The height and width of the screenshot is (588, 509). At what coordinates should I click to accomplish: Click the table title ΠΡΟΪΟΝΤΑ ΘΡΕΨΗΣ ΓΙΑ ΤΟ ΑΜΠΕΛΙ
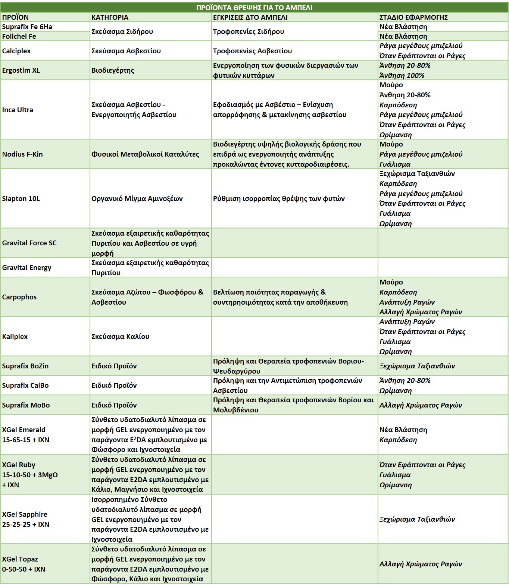(x=254, y=7)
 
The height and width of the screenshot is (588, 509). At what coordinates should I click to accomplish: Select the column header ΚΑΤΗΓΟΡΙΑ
(x=110, y=17)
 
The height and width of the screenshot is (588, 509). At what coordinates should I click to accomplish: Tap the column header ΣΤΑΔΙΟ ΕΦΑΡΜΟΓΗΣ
(x=413, y=17)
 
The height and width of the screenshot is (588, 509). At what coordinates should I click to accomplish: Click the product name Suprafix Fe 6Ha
(x=27, y=27)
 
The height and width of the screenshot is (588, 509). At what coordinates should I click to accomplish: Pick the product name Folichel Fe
(x=19, y=37)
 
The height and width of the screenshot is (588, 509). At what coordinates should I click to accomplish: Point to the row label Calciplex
(x=16, y=51)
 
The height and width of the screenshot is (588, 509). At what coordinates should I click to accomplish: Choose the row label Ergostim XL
(x=21, y=70)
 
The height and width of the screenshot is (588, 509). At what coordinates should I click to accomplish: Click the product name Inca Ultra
(x=18, y=110)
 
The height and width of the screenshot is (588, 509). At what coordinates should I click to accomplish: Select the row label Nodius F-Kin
(x=22, y=154)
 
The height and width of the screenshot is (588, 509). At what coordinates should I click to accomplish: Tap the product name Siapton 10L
(x=21, y=199)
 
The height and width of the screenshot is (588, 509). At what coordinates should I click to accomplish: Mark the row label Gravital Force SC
(x=29, y=243)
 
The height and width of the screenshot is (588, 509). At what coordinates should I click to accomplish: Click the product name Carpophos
(x=19, y=297)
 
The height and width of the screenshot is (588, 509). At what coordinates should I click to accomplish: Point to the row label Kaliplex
(x=15, y=337)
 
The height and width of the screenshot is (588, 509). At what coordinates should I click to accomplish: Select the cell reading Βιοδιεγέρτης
(x=113, y=70)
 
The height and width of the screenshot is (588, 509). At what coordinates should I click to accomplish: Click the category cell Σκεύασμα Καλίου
(x=120, y=337)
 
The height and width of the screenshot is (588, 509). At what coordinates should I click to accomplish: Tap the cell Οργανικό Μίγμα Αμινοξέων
(x=137, y=199)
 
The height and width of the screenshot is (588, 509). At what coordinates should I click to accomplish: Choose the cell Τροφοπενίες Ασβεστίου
(x=252, y=51)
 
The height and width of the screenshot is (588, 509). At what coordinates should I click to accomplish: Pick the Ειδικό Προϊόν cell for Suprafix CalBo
(x=114, y=386)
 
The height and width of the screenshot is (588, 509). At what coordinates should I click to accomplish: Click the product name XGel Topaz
(x=20, y=559)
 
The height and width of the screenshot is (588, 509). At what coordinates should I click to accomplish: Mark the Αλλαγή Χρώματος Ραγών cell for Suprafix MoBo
(x=421, y=405)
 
